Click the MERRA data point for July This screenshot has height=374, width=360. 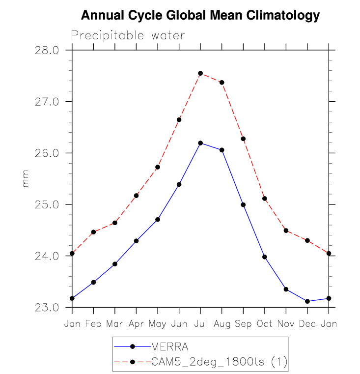coord(200,143)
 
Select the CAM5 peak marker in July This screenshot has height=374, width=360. coord(200,73)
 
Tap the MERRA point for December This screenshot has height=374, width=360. coord(307,301)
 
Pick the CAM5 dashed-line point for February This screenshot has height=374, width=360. coord(93,232)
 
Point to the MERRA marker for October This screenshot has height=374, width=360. coord(265,257)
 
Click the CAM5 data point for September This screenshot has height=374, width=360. coord(243,139)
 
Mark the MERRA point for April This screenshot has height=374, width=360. coord(136,241)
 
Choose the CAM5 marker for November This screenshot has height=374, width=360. coord(286,230)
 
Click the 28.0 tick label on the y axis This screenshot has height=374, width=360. coord(47,50)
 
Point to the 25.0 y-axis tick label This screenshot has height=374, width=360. coord(47,204)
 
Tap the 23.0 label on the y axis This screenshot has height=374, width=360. coord(47,308)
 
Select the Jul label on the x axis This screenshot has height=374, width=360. coord(200,324)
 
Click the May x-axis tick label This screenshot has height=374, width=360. coord(157,324)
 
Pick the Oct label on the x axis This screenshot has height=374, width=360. coord(265,324)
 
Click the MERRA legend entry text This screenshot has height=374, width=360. coord(169,346)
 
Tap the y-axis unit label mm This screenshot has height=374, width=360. coord(26,179)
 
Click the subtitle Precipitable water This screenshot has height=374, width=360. coord(128,35)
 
